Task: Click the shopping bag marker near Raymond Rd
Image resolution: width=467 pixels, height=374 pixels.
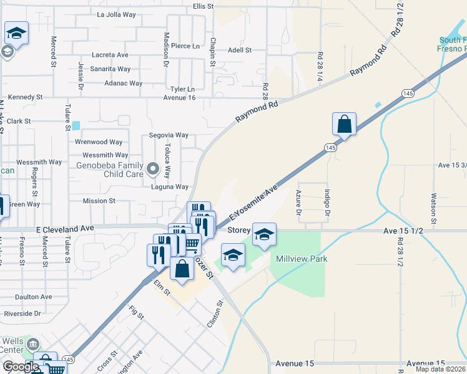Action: (x=344, y=124)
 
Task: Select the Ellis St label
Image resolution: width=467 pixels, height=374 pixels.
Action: (x=204, y=6)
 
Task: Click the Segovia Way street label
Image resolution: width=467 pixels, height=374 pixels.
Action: (x=169, y=135)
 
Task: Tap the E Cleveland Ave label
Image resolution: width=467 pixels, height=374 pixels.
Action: (x=65, y=229)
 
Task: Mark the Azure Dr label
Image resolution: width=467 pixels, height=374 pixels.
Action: (x=298, y=203)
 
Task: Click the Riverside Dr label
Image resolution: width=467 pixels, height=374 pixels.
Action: (x=22, y=314)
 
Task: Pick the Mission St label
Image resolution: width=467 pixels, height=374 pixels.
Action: (x=99, y=201)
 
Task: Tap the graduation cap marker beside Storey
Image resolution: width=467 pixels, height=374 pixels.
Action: (x=264, y=234)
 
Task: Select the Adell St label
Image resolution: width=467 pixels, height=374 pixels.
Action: (x=239, y=50)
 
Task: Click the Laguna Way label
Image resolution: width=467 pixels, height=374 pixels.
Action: (x=169, y=186)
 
